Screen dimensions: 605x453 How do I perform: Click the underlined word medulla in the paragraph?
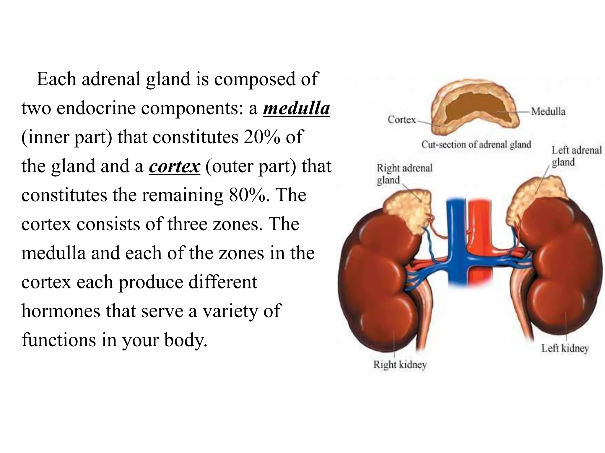296,109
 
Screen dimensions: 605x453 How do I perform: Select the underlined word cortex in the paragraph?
174,166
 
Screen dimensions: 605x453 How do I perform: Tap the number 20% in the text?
261,137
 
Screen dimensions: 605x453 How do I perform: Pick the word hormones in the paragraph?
61,311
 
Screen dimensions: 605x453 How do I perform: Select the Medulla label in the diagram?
548,111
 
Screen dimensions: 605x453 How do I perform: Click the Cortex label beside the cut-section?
401,120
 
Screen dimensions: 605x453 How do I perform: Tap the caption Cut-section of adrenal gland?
476,145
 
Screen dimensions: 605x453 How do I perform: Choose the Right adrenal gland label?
404,174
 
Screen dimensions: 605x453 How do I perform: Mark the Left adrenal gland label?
576,156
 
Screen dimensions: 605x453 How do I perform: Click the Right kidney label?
400,365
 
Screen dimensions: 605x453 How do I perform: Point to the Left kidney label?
565,348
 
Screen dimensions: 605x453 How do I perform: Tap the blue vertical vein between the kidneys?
456,236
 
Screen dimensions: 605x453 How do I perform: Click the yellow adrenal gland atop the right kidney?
408,209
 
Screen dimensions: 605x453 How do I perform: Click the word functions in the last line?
59,340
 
